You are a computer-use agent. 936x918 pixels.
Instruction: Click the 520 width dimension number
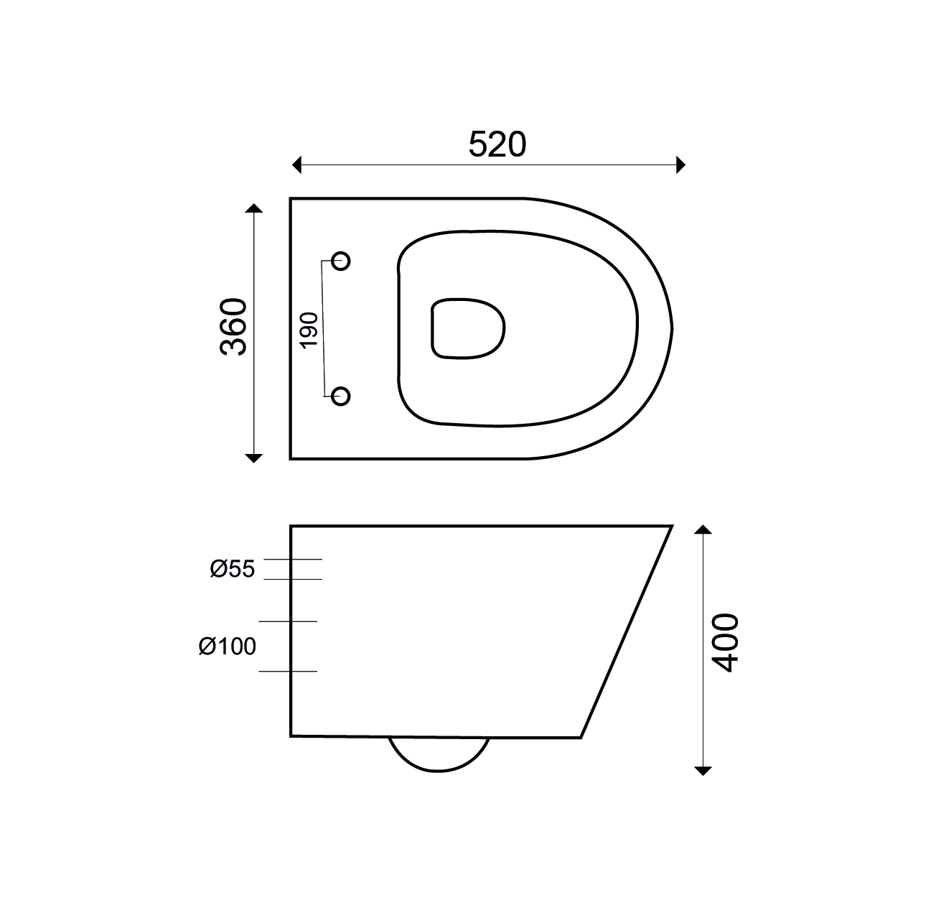pos(497,144)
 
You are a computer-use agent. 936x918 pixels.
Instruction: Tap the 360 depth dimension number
pos(233,327)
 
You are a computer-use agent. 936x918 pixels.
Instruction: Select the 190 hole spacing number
pos(309,330)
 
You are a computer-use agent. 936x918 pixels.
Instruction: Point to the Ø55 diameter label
pos(232,569)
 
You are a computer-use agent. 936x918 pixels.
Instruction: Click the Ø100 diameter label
pos(228,646)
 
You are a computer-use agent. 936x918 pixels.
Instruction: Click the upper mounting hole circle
pos(341,261)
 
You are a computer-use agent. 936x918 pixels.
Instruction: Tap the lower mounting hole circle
pos(341,397)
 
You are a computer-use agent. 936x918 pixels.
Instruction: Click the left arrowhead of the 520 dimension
pos(296,164)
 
